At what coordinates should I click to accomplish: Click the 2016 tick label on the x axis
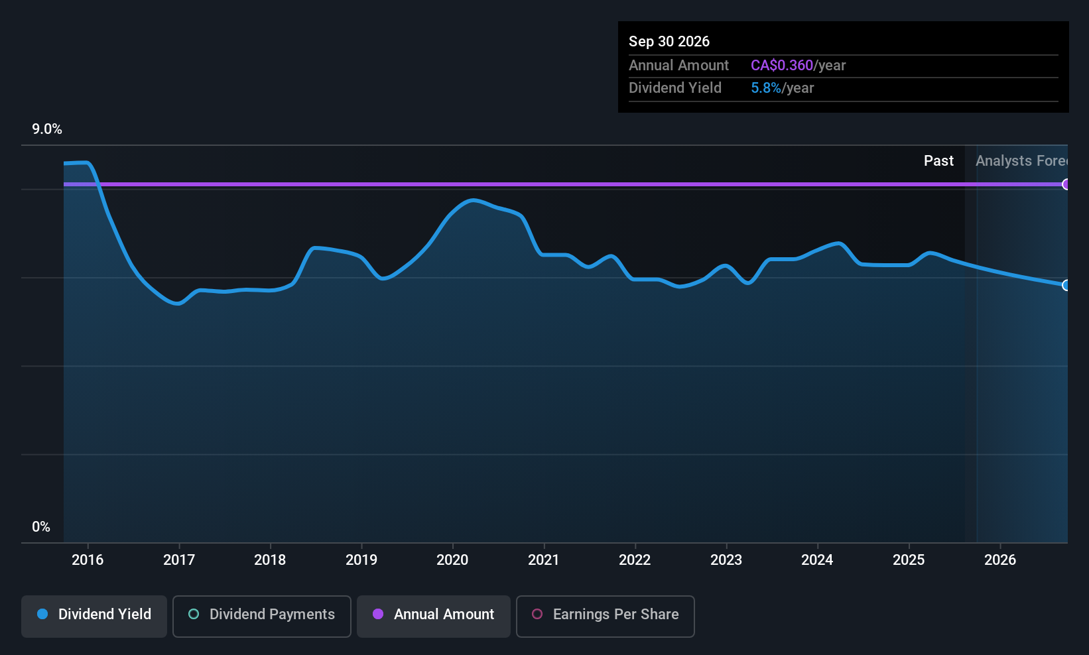click(x=88, y=560)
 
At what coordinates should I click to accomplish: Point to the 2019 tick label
click(x=361, y=560)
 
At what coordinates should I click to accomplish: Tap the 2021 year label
click(x=544, y=560)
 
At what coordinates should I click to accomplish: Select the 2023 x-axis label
click(x=726, y=560)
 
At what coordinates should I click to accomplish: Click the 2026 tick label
click(x=1000, y=560)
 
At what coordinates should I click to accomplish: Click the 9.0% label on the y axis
click(x=47, y=129)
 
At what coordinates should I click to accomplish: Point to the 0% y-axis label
click(x=41, y=527)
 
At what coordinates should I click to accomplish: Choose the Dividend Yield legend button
click(x=94, y=615)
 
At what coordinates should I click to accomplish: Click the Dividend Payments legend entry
click(x=262, y=615)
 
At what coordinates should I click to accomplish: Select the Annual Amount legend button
click(x=434, y=615)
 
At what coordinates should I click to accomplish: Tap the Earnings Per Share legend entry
click(x=605, y=615)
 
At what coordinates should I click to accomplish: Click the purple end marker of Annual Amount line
click(x=1066, y=184)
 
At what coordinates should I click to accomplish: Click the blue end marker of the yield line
click(x=1066, y=285)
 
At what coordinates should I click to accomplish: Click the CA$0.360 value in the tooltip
click(x=781, y=66)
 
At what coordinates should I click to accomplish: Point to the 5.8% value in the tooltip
click(x=765, y=88)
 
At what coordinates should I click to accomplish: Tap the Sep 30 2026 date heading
click(x=669, y=42)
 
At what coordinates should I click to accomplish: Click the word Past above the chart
click(x=938, y=161)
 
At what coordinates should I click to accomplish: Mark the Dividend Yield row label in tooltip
click(x=674, y=88)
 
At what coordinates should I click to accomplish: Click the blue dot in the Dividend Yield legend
click(x=43, y=615)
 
